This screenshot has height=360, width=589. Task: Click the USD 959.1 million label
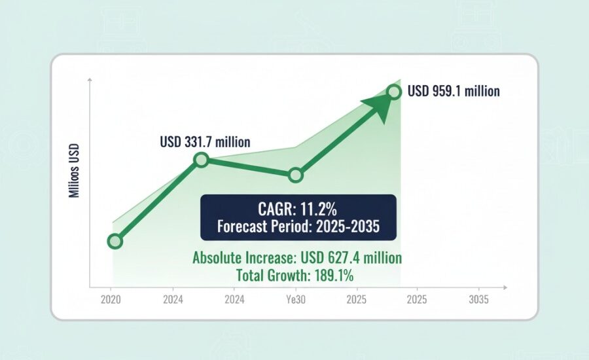[454, 92]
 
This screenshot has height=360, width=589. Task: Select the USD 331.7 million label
[205, 141]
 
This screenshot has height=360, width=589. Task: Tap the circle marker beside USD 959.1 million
[394, 92]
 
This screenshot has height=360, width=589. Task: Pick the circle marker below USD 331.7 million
[201, 160]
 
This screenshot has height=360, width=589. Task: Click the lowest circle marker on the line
[115, 242]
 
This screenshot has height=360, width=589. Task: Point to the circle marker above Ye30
[296, 175]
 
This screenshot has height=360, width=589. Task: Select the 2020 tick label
[111, 299]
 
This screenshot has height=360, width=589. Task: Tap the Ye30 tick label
[294, 299]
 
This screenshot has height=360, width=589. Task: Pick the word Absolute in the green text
[216, 258]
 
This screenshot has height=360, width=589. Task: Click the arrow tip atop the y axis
[89, 80]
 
